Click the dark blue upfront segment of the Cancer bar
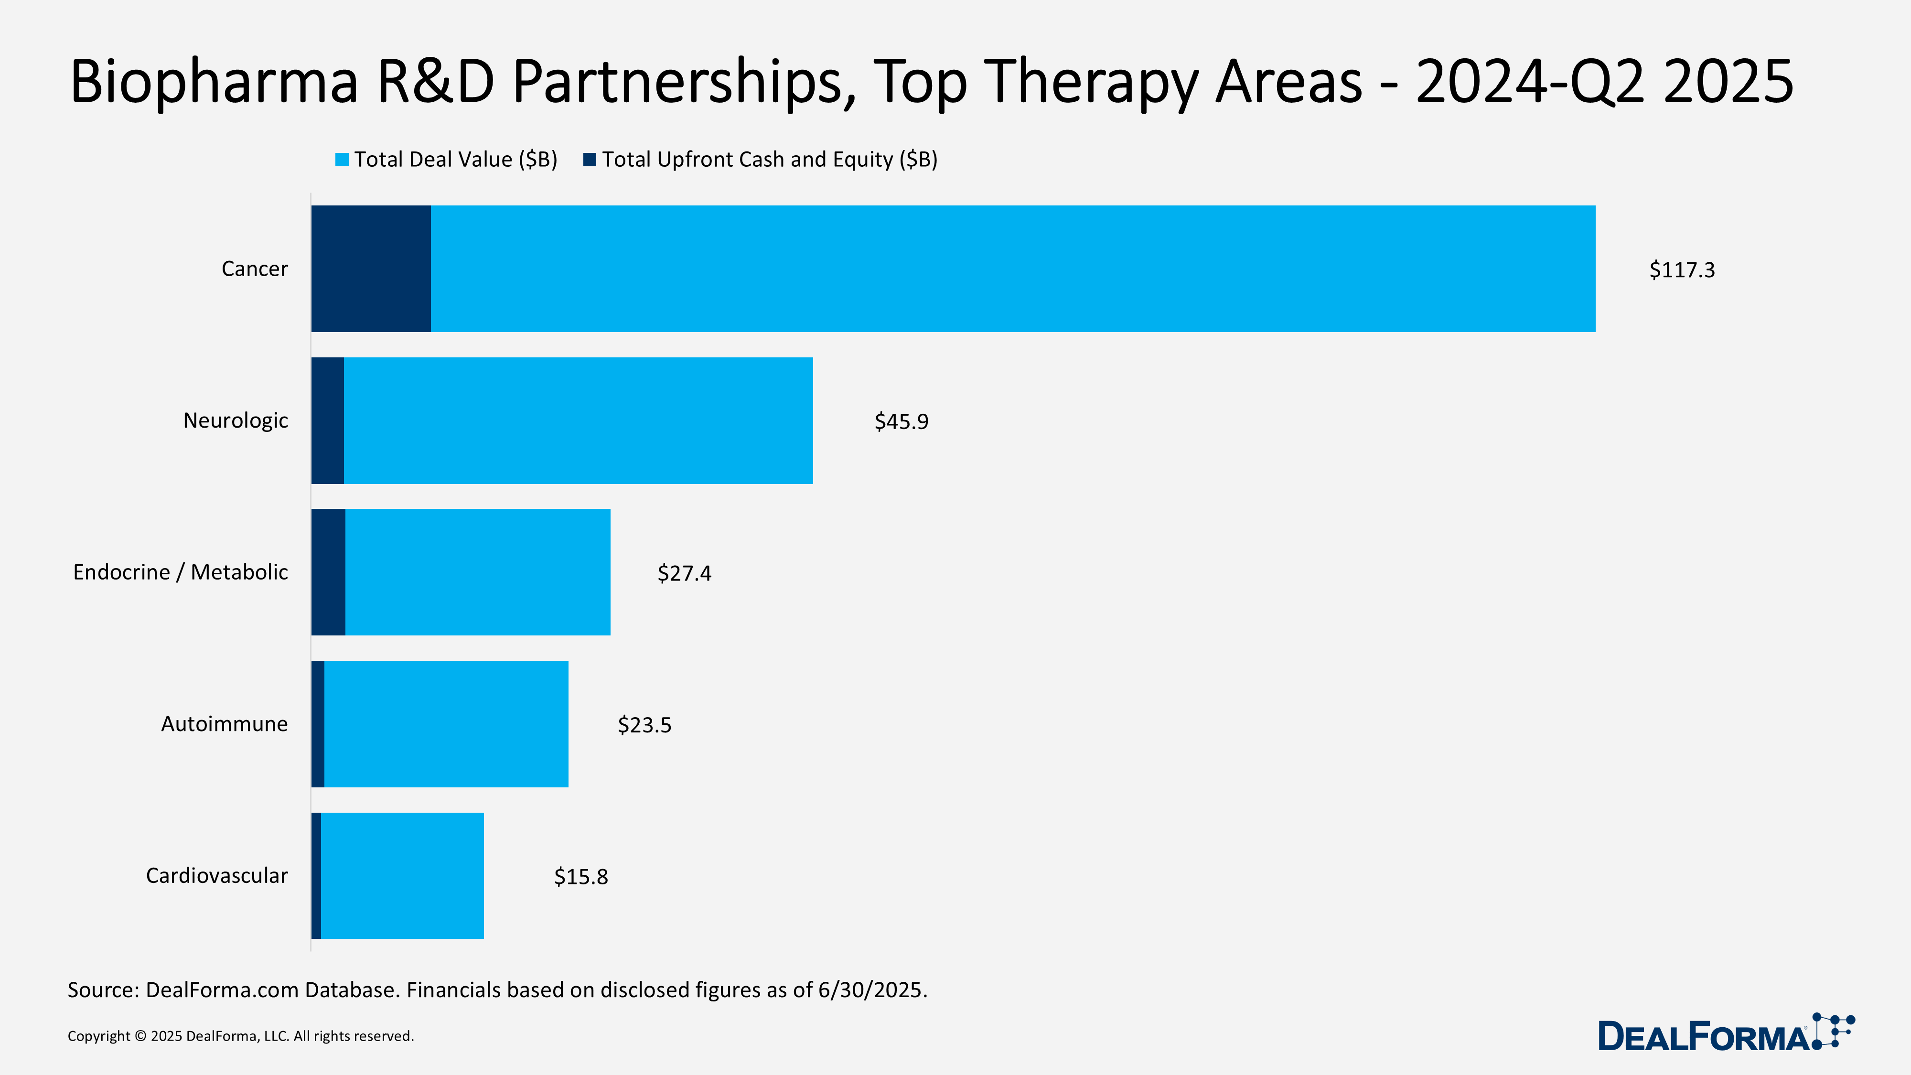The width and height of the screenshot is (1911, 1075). tap(371, 269)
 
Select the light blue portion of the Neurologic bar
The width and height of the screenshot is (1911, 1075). tap(579, 420)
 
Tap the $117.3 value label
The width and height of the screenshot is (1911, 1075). tap(1682, 270)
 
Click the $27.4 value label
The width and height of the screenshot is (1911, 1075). tap(684, 573)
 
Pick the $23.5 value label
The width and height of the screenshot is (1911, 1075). tap(644, 725)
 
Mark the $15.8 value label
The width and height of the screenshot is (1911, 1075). tap(581, 877)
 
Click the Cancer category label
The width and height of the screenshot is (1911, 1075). tap(255, 269)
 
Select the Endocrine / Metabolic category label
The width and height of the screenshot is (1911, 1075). tap(180, 572)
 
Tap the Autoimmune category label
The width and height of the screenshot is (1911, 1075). tap(224, 724)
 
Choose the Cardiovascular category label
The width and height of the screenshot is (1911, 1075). tap(216, 875)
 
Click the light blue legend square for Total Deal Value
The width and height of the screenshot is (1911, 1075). tap(342, 160)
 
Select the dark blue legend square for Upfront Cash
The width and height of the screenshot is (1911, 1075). tap(590, 160)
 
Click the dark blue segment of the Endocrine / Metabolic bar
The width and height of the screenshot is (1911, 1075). tap(328, 572)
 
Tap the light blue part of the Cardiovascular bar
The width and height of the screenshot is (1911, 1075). tap(402, 875)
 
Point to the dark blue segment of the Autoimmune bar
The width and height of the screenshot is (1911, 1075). tap(318, 724)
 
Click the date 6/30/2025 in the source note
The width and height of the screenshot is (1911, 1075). tap(872, 990)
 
